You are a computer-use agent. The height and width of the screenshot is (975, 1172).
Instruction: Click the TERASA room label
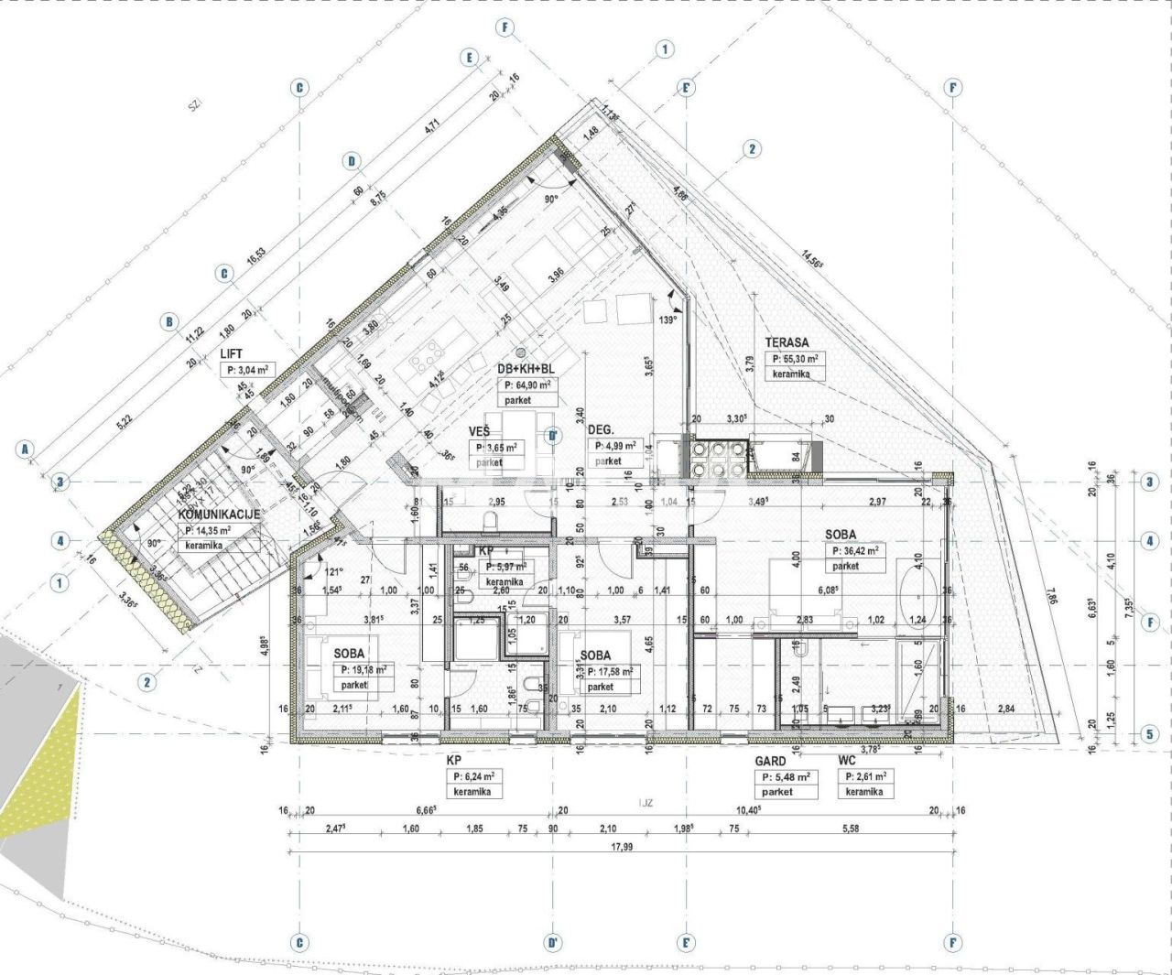coord(787,342)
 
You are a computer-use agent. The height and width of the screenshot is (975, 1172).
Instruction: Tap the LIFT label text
coord(232,352)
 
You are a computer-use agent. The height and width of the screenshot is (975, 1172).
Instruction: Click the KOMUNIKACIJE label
coord(219,515)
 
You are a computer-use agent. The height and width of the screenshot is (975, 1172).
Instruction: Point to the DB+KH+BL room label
coord(526,368)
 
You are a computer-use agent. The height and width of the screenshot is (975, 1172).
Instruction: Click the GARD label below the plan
coord(770,761)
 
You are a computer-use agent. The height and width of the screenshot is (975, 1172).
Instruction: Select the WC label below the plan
coord(847,761)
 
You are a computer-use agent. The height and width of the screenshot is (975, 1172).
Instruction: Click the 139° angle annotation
coord(667,320)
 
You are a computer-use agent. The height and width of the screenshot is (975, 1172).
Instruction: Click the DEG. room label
coord(601,429)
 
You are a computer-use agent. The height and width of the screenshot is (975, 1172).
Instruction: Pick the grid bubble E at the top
coord(471,58)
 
